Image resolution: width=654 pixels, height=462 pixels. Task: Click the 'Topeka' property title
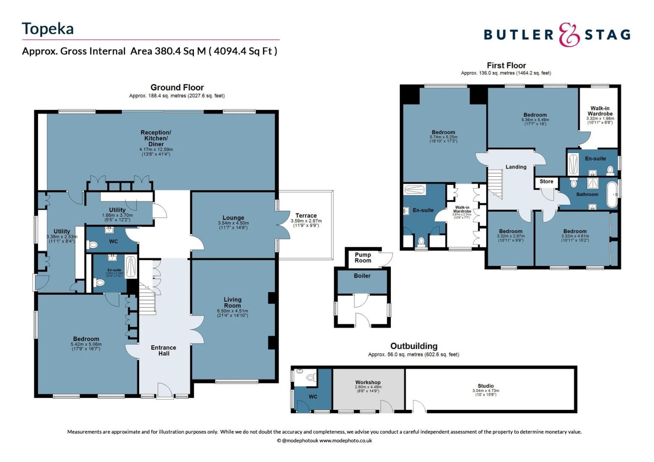(48, 29)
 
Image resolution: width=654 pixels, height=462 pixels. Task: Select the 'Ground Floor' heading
(177, 87)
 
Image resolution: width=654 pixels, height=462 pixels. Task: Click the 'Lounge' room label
(233, 218)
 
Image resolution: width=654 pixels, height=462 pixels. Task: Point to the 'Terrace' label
(306, 216)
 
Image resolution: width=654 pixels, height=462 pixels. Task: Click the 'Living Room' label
(232, 302)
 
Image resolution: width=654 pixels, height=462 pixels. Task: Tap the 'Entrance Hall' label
(163, 350)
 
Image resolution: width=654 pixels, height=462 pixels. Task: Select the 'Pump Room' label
(363, 258)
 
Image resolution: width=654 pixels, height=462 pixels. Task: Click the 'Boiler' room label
(362, 276)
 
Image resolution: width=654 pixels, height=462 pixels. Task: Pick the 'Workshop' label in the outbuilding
(368, 382)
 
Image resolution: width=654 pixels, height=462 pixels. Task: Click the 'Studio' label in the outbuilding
(485, 386)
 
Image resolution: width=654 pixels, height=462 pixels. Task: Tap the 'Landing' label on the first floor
(516, 167)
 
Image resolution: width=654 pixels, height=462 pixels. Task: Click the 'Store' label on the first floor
(546, 181)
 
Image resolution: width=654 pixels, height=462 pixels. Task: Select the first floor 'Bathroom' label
(587, 194)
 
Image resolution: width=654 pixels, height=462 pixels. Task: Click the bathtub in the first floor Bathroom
(612, 194)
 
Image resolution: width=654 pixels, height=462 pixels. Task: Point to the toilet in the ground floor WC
(93, 245)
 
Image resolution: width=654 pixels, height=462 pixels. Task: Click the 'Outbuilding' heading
(413, 346)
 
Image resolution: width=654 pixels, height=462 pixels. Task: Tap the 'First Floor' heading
(506, 65)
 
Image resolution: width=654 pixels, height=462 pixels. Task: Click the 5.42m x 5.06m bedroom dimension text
(86, 344)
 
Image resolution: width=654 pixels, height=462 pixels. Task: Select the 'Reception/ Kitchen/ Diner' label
(156, 138)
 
